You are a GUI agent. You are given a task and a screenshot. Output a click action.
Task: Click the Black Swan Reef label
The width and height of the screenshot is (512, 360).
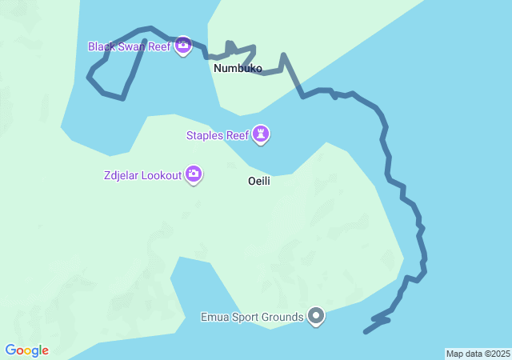[129, 46]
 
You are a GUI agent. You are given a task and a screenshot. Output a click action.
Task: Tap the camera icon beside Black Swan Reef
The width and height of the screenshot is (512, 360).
[183, 46]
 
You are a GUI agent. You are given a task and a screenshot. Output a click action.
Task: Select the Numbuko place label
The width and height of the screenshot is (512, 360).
[238, 69]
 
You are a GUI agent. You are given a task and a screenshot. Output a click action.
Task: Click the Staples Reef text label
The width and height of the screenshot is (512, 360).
[218, 135]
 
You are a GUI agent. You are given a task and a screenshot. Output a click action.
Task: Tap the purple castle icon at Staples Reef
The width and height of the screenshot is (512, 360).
[261, 135]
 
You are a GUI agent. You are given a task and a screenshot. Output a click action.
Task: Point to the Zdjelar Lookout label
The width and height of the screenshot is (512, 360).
[142, 175]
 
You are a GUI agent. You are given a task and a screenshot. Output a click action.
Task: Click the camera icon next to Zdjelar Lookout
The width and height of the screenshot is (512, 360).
[193, 174]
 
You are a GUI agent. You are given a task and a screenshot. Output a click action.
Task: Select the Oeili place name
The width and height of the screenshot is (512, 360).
[259, 181]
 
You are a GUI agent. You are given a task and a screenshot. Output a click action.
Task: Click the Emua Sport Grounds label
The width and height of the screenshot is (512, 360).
[252, 317]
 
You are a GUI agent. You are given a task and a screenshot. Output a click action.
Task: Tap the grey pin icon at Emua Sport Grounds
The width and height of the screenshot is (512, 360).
[316, 317]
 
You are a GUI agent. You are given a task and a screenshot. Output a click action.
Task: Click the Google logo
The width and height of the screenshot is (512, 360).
[26, 350]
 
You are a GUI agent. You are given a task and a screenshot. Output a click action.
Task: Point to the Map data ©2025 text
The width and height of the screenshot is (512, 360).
[478, 354]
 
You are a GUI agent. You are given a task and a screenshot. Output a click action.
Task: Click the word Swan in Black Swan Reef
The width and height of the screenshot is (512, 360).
[131, 46]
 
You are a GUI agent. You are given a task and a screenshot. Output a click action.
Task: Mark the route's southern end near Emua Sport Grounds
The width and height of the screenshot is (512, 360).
[366, 331]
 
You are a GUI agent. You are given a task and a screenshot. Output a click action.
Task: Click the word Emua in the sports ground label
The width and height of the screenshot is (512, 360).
[214, 317]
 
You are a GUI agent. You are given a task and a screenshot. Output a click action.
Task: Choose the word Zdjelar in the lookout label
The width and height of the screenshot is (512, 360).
[122, 175]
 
